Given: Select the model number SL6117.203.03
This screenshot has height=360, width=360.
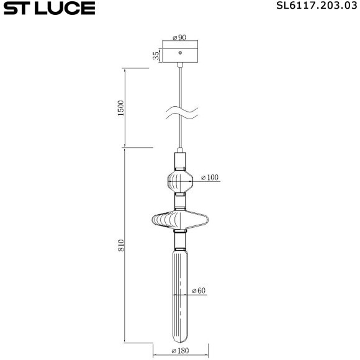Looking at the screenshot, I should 317,7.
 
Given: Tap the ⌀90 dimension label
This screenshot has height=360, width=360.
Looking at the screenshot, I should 180,38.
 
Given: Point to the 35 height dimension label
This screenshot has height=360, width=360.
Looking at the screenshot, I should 156,55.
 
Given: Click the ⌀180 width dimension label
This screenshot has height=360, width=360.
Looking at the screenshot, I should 180,351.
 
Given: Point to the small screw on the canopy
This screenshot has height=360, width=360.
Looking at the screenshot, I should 180,53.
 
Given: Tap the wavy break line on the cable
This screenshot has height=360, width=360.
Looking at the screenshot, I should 180,113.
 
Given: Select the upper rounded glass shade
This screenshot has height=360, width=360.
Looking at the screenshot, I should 180,182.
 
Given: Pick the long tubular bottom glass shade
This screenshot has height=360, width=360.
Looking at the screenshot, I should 180,292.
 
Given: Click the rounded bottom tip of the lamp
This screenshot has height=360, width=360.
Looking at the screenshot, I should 180,340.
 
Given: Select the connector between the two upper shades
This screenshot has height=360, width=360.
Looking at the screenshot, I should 180,200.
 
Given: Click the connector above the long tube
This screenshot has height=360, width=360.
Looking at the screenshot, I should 180,239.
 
